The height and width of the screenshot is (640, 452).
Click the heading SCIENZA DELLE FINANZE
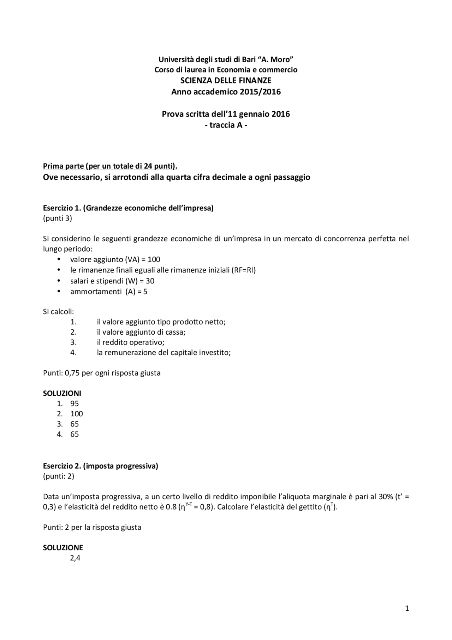(226, 81)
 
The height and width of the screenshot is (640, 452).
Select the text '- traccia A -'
(226, 125)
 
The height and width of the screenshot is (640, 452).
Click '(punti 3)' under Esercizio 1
(57, 218)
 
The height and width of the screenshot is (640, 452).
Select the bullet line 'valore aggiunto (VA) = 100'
(115, 259)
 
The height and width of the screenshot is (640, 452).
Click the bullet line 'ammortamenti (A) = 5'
(108, 292)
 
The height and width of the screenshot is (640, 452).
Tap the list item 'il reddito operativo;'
(131, 342)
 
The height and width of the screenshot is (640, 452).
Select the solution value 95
(75, 404)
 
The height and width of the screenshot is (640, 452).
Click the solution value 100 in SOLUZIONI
(76, 414)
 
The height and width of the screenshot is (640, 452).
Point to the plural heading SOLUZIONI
(62, 393)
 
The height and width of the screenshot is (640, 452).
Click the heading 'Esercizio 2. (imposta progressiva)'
(100, 466)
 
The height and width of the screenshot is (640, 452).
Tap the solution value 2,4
(75, 558)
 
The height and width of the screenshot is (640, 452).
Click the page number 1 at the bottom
(407, 608)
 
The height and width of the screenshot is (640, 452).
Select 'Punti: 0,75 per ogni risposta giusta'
(102, 373)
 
